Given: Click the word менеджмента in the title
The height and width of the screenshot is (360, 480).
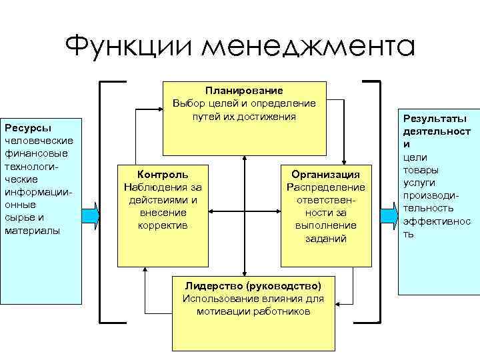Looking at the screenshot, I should click(309, 47).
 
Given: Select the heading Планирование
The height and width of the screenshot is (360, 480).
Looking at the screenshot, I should click(244, 90).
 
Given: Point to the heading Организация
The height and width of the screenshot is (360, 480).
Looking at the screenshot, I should click(326, 175).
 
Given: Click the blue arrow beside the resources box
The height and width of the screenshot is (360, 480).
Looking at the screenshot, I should click(91, 215).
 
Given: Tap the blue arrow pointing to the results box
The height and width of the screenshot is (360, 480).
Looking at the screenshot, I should click(387, 215).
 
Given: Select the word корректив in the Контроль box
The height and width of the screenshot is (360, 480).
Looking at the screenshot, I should click(163, 225).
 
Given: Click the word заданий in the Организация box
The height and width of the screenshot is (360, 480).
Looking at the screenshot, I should click(325, 238).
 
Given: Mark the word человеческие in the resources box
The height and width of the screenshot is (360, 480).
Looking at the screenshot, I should click(38, 141).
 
